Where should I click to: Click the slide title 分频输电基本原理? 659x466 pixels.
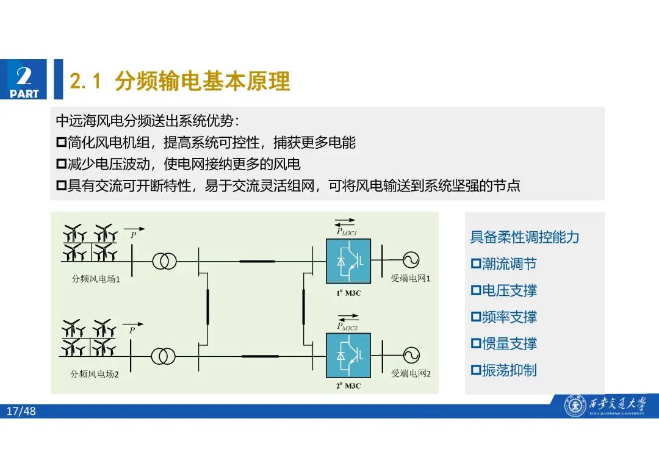click(x=201, y=81)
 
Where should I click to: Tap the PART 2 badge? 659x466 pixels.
click(x=24, y=80)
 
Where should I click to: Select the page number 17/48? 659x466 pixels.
click(x=21, y=412)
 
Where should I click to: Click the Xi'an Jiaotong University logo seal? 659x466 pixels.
click(x=575, y=406)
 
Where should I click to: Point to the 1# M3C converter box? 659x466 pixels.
click(x=348, y=262)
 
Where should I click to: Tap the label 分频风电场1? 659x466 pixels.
click(x=95, y=279)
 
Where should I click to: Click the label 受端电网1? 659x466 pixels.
click(x=411, y=279)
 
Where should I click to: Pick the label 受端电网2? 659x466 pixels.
click(x=411, y=373)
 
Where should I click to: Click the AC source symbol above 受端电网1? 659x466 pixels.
click(x=410, y=261)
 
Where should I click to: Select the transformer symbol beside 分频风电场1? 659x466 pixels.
click(x=165, y=261)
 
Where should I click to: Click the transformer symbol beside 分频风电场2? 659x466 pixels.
click(x=165, y=356)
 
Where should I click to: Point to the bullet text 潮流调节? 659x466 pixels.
click(x=510, y=264)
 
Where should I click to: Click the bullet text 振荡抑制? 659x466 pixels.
click(x=510, y=370)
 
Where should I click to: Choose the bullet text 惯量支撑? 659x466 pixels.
click(x=510, y=344)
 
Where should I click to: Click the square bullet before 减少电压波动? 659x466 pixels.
click(x=61, y=165)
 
